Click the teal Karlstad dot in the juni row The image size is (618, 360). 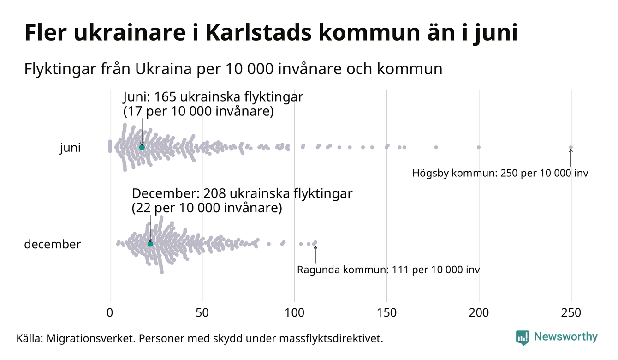pos(142,147)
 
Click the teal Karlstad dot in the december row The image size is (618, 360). pos(150,244)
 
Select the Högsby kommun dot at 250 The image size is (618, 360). pos(571,148)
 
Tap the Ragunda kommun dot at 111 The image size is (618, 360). pos(315,242)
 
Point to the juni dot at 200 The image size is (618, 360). pos(479,147)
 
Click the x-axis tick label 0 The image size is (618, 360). pos(110,313)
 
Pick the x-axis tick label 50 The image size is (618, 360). pos(202,313)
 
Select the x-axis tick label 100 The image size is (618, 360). pos(294,313)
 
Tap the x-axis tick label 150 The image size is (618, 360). pos(386,313)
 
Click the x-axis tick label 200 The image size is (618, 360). pos(479,313)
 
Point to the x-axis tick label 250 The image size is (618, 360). pos(571,313)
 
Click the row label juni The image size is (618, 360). pos(70,148)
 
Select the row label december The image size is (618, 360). pos(52,244)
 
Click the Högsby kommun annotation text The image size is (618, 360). pos(500,174)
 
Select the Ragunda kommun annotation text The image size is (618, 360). pos(388,270)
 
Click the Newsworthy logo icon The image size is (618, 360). pos(523,338)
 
